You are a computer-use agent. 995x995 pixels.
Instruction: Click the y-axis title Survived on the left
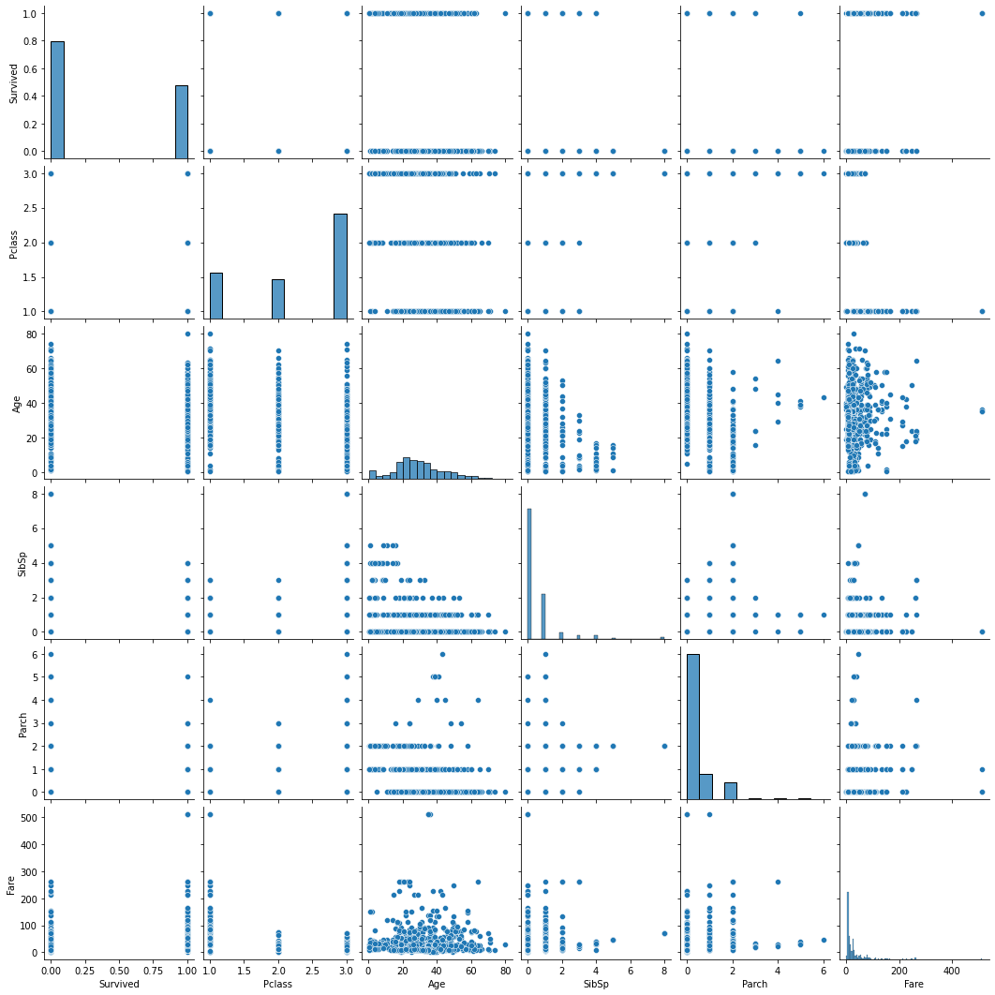coord(12,82)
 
